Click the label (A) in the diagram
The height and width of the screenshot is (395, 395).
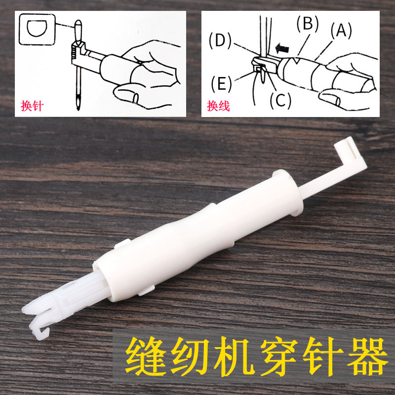tap(341, 32)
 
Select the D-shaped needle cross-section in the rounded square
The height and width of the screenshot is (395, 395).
tap(36, 29)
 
